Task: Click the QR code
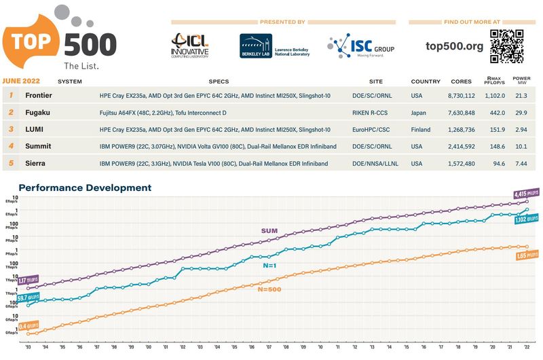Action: pyautogui.click(x=506, y=46)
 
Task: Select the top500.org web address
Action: pyautogui.click(x=454, y=46)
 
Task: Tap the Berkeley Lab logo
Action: pyautogui.click(x=274, y=46)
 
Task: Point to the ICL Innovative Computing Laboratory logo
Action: pyautogui.click(x=190, y=46)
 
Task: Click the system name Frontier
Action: pyautogui.click(x=39, y=96)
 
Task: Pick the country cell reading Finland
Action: pyautogui.click(x=422, y=129)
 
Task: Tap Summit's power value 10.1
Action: pyautogui.click(x=521, y=146)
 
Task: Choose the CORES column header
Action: pyautogui.click(x=462, y=82)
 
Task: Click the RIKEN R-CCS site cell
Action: pyautogui.click(x=371, y=113)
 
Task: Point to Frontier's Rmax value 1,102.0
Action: pyautogui.click(x=495, y=96)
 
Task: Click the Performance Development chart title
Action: pyautogui.click(x=85, y=187)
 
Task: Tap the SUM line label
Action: pyautogui.click(x=269, y=231)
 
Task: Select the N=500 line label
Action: pyautogui.click(x=269, y=289)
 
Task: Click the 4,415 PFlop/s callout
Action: pyautogui.click(x=525, y=193)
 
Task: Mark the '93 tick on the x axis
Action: pyautogui.click(x=29, y=346)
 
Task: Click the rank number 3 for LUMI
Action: pyautogui.click(x=12, y=129)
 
